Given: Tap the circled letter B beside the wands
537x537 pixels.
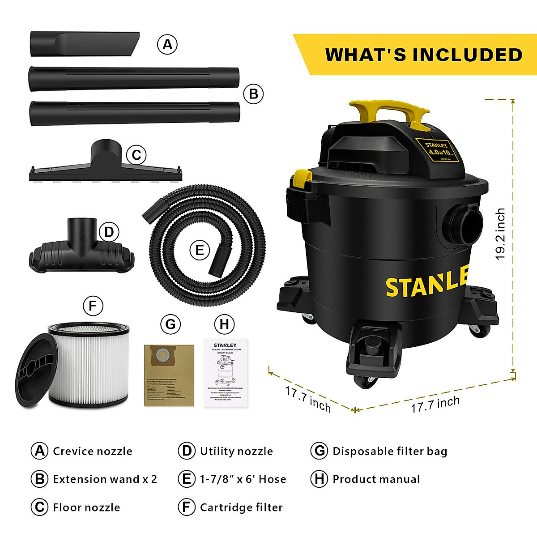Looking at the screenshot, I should click(x=254, y=94).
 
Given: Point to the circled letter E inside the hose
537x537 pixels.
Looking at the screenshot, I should click(x=200, y=250).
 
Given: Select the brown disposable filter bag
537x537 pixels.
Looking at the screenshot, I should click(x=169, y=375).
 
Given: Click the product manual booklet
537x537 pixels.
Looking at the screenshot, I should click(x=226, y=373).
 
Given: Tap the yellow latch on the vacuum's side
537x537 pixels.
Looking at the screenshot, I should click(x=302, y=179).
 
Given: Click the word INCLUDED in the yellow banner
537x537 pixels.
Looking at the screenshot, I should click(x=467, y=55).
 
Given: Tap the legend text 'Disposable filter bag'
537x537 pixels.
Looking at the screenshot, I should click(x=389, y=451).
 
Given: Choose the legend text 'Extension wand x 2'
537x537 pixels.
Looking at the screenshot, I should click(x=105, y=479).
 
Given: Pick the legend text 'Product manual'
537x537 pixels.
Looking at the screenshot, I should click(x=376, y=479).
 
